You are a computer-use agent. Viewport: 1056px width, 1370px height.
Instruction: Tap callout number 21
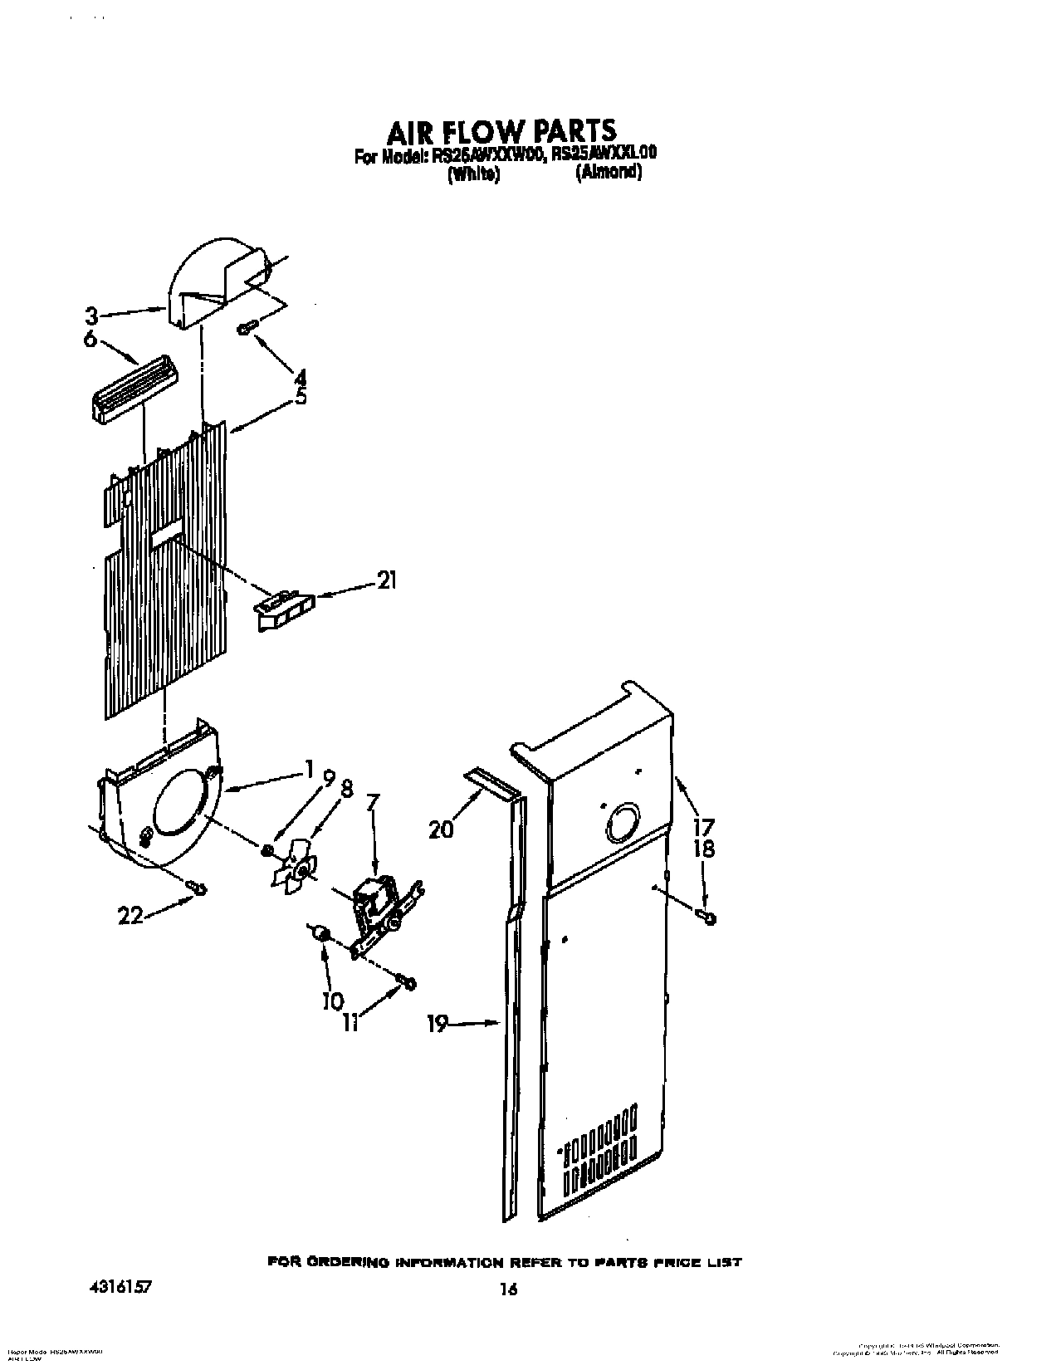click(386, 581)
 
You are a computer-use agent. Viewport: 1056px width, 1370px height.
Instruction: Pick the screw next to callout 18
click(708, 917)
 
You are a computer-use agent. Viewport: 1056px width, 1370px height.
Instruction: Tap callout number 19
click(437, 1025)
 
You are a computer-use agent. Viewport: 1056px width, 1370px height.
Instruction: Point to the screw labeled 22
click(197, 889)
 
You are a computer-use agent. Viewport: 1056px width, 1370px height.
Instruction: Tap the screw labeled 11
click(407, 982)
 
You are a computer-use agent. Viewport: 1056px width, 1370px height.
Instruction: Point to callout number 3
click(92, 316)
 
